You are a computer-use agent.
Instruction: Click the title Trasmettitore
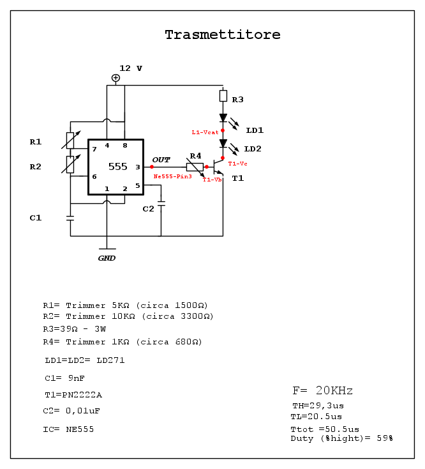point(222,35)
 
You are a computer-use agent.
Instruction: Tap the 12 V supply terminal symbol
point(116,78)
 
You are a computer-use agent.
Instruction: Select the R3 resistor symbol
point(223,96)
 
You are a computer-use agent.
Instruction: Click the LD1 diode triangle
point(223,118)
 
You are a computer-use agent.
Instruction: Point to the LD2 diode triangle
point(223,144)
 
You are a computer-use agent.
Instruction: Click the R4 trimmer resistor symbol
point(195,167)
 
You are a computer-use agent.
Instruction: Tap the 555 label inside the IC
point(117,167)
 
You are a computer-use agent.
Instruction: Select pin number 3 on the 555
point(137,167)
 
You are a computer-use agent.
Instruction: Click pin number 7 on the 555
point(94,149)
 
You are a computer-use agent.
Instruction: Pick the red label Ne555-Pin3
point(172,176)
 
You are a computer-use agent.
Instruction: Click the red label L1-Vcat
point(205,132)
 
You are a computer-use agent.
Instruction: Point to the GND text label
point(107,258)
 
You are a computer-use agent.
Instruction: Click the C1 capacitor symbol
point(70,218)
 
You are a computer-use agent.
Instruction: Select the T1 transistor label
point(237,178)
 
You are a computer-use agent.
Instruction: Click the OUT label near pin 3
point(161,159)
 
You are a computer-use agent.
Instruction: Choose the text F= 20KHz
point(322,390)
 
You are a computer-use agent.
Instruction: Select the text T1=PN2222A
point(73,394)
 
